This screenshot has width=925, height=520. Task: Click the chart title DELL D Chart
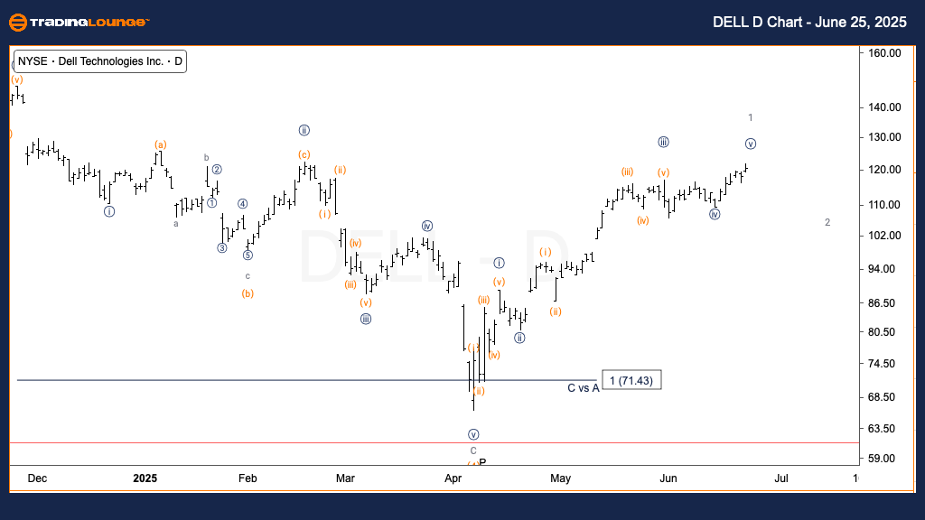[790, 22]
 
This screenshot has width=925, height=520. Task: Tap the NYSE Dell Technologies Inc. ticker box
[99, 61]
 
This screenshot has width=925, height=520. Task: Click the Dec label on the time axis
[37, 478]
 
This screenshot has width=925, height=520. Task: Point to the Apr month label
[453, 478]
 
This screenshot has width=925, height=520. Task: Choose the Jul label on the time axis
[781, 478]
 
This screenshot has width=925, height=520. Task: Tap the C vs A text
[583, 388]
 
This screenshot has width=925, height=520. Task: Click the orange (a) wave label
[160, 144]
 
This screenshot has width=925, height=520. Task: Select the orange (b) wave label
[248, 293]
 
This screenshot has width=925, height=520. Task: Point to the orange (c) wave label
[304, 153]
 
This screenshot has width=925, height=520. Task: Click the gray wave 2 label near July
[827, 222]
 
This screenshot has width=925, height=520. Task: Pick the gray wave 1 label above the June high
[751, 117]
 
